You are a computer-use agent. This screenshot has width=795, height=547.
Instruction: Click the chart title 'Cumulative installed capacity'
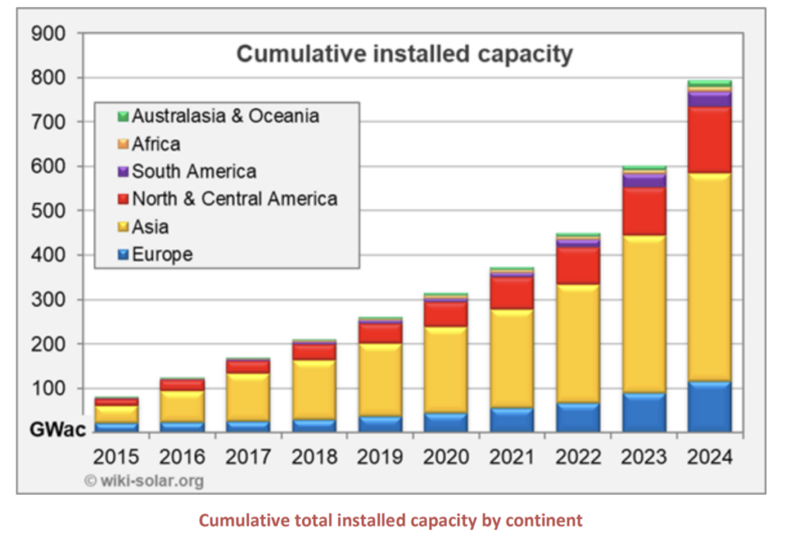coord(404,54)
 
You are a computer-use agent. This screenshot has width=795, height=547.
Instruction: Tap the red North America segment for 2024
coord(710,140)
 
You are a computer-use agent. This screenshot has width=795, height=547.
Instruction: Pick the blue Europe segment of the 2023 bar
coord(644,412)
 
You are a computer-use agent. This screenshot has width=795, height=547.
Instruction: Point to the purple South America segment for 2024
coord(710,99)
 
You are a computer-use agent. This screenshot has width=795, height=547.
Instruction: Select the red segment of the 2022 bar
coord(578,265)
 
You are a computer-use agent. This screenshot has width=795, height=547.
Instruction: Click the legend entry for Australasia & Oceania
coord(225,116)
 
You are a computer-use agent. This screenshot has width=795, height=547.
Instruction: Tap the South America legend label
coord(193,171)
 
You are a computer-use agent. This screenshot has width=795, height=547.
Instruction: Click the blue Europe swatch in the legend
coord(123,255)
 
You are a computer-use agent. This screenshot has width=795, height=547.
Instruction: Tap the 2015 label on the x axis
coord(116,456)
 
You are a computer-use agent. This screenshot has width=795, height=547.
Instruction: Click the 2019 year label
coord(380,456)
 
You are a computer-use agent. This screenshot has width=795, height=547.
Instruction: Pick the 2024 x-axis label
coord(710,456)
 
